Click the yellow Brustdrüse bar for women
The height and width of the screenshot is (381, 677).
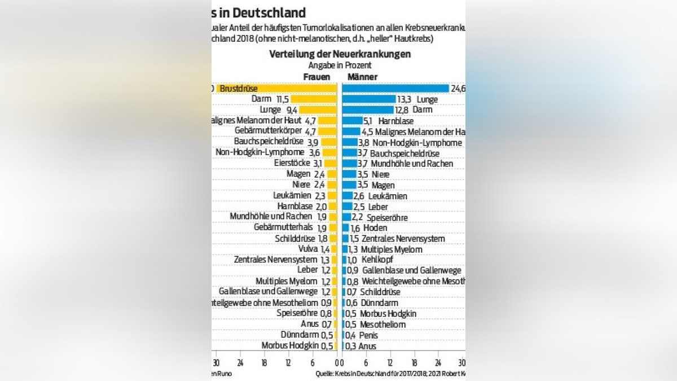click(x=276, y=89)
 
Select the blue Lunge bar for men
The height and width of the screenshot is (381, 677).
click(x=369, y=99)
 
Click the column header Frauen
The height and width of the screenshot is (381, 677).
click(x=316, y=77)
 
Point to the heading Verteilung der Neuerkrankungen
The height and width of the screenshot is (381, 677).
click(x=340, y=55)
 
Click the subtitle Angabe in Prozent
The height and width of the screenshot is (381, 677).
click(x=340, y=65)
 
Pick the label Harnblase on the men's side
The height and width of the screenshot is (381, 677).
click(x=396, y=121)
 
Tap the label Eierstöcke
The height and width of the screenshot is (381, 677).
click(x=289, y=163)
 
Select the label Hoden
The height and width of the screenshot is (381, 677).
click(x=375, y=227)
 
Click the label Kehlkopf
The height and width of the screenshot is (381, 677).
click(x=377, y=260)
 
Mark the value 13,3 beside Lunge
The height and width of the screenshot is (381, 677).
click(x=405, y=99)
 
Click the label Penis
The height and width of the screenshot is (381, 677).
click(x=368, y=335)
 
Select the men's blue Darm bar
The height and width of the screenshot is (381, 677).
click(x=368, y=110)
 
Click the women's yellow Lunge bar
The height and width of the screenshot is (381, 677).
click(x=319, y=110)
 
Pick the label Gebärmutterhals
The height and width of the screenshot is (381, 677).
click(x=283, y=227)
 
